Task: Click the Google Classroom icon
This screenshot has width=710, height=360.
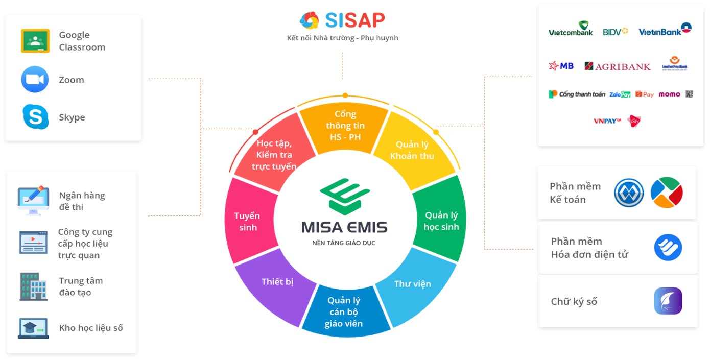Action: (35, 41)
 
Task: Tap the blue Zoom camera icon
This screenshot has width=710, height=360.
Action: (35, 80)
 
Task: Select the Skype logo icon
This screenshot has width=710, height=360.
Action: (35, 117)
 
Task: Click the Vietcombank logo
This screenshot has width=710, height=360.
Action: (571, 30)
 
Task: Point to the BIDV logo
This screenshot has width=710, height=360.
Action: (615, 32)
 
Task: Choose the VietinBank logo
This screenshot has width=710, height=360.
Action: (665, 30)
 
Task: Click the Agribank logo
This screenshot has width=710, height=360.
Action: (618, 66)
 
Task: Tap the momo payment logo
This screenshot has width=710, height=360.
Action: (669, 94)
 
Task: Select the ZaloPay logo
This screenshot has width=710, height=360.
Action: (620, 94)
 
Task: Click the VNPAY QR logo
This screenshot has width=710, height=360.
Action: (607, 121)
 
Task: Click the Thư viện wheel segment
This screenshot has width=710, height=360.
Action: (413, 284)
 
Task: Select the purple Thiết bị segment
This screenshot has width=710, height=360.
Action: (277, 282)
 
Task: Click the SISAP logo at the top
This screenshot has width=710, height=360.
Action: (343, 20)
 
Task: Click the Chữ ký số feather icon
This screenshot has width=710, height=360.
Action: (668, 301)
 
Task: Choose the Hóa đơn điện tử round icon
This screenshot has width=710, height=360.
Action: (668, 248)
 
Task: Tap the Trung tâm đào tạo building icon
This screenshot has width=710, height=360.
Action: (34, 286)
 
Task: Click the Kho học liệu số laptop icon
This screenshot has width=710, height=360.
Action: (33, 328)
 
